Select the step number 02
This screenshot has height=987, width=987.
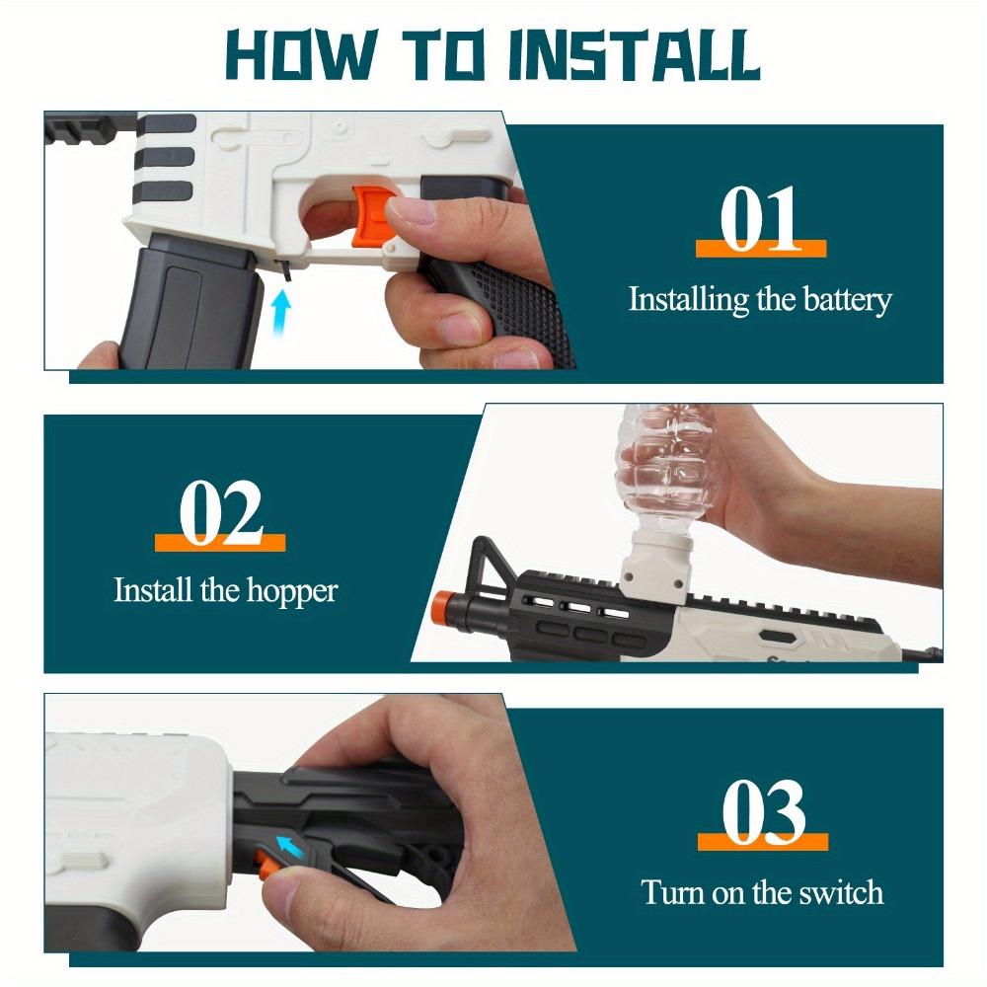pos(220,512)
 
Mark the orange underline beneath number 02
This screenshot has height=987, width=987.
pos(220,542)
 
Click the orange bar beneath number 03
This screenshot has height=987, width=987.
pos(762,841)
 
